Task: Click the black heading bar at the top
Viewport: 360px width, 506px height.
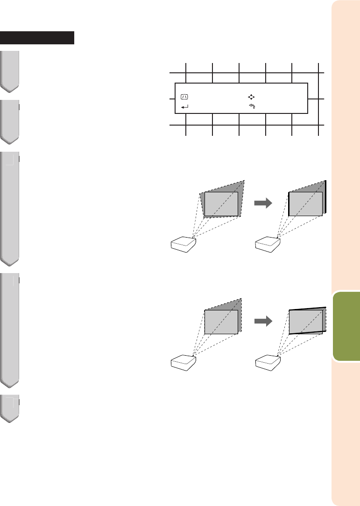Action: pos(37,38)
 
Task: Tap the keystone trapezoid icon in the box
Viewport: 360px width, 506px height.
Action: pos(184,97)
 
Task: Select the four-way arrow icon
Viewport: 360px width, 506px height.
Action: pos(251,97)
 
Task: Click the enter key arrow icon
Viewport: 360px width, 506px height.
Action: pos(184,107)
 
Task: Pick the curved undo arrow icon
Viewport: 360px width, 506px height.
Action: pos(251,107)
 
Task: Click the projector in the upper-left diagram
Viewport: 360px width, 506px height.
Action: pos(183,245)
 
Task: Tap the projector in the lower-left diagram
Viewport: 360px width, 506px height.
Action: pos(183,362)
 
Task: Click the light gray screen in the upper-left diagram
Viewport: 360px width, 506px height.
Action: pos(221,204)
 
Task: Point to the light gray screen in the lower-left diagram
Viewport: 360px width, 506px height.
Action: pos(221,322)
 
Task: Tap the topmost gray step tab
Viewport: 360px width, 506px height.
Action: pos(10,70)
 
